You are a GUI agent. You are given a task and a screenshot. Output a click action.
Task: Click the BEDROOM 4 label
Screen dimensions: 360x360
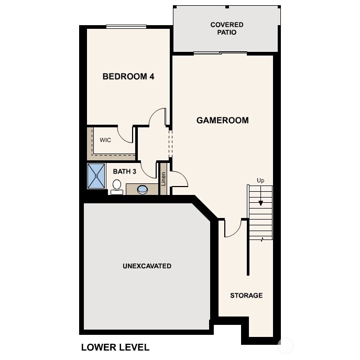click(x=128, y=77)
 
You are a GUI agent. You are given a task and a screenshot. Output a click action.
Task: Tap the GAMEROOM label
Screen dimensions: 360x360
click(x=222, y=121)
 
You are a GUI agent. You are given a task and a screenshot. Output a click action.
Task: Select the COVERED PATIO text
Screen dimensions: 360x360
click(x=226, y=28)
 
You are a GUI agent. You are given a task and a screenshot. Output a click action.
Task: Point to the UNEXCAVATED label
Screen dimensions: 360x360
click(x=147, y=266)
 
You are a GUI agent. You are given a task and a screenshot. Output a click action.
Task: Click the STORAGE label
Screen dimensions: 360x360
click(x=246, y=296)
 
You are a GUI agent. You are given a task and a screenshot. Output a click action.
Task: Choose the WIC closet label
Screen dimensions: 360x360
click(x=105, y=140)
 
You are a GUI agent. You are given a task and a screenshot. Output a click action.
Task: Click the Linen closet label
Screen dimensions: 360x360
click(x=163, y=179)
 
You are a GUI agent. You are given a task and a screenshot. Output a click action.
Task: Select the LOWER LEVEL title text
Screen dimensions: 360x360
click(x=115, y=347)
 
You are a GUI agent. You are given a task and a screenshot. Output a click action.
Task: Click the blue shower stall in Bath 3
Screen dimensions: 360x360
click(x=96, y=176)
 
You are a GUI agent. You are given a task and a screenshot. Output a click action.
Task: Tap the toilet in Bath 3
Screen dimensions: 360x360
click(x=116, y=187)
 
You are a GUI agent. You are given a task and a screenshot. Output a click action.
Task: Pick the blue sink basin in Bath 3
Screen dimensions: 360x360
click(x=143, y=189)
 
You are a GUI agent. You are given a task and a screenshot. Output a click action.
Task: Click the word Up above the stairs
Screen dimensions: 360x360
click(x=260, y=180)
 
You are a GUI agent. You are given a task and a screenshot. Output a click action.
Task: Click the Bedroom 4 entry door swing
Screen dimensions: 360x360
click(x=157, y=117)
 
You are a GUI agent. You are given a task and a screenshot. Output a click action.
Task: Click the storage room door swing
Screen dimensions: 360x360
click(x=233, y=228)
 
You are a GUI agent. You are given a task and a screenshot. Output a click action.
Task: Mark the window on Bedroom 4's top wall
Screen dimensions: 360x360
click(x=126, y=27)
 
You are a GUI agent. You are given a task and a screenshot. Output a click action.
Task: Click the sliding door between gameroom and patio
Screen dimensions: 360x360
click(x=220, y=53)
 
